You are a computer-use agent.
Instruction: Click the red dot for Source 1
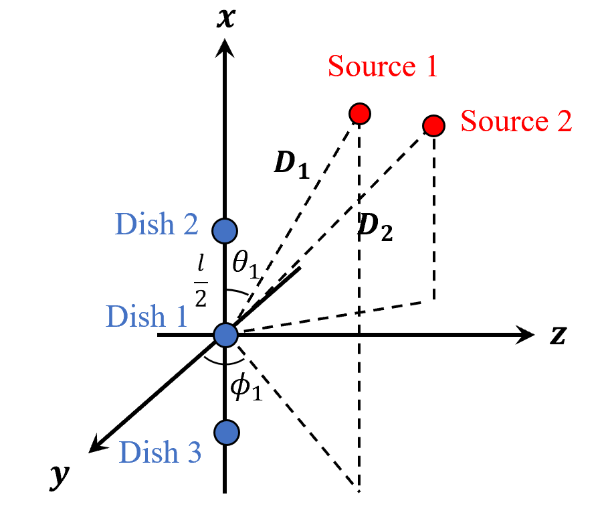360,113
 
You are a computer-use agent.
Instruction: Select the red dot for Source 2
434,125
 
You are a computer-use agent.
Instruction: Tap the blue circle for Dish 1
226,333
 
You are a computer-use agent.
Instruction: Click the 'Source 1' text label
383,67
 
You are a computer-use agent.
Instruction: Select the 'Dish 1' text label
147,316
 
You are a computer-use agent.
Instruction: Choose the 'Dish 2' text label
157,224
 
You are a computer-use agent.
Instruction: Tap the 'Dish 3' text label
160,453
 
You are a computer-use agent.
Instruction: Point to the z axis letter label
559,335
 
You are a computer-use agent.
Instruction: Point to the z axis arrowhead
526,334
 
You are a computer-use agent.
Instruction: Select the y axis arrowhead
100,443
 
